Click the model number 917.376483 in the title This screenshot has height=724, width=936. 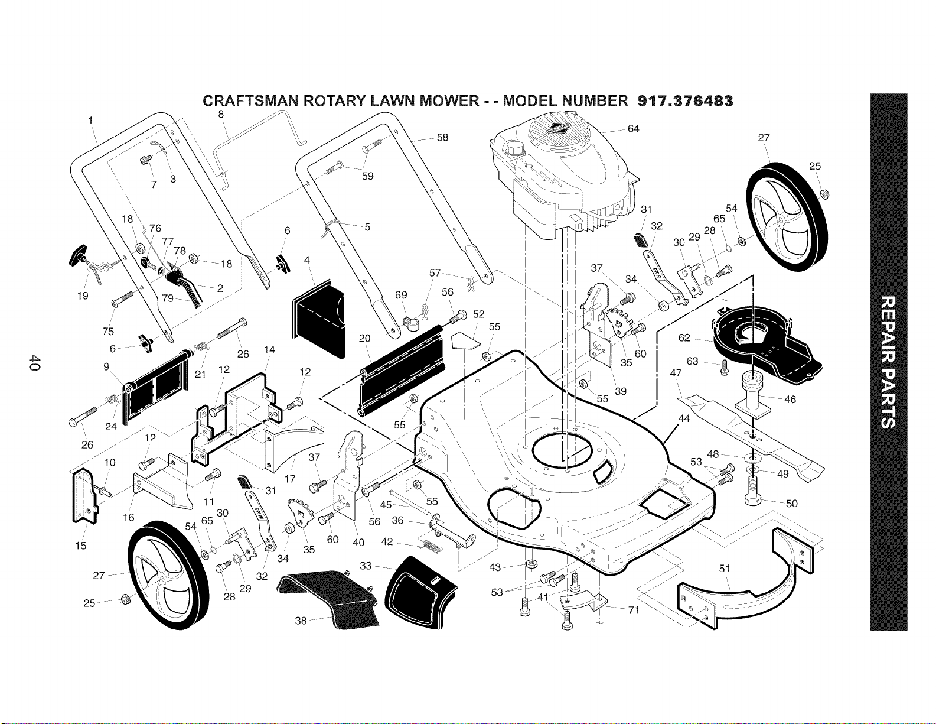point(684,101)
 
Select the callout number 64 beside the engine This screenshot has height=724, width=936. point(633,128)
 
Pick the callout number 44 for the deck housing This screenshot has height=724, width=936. point(684,418)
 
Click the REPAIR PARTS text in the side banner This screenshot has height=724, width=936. point(888,362)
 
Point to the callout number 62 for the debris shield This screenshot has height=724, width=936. point(684,337)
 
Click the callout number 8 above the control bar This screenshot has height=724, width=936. point(221,114)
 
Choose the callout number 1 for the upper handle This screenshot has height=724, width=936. point(90,121)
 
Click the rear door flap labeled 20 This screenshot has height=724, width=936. point(402,370)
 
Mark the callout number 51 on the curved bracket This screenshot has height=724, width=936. point(725,569)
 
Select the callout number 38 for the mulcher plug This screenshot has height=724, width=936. point(301,620)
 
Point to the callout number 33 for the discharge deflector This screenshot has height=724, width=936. point(366,565)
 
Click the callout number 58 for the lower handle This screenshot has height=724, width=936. point(442,138)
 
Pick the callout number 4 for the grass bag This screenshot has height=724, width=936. point(306,260)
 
